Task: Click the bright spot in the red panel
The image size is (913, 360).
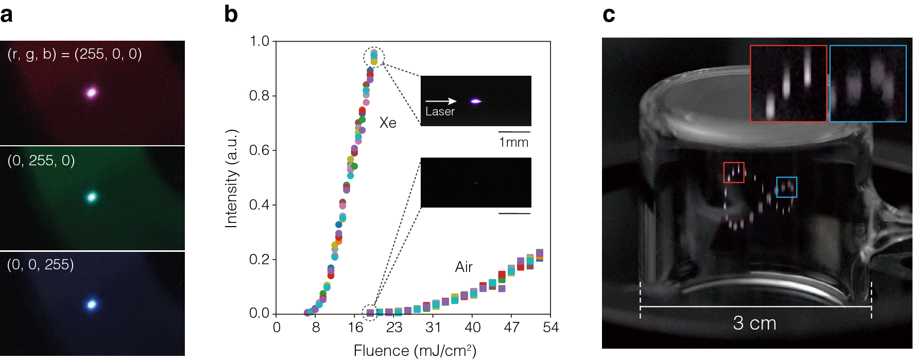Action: coord(92,93)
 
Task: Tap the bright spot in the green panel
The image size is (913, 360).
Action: coord(92,197)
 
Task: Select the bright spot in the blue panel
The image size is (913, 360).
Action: coord(92,304)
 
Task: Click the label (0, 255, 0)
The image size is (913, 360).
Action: coord(41,161)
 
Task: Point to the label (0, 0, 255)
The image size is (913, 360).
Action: coord(41,265)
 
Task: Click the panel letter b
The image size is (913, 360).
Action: coord(231,14)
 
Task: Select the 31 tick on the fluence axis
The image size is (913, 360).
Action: coord(433,328)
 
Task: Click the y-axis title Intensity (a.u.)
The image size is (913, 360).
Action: coord(232,178)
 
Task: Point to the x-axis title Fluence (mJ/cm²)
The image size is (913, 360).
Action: coord(415,351)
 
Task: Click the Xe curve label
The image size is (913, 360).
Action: coord(388,123)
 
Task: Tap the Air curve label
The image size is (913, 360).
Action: coord(463,267)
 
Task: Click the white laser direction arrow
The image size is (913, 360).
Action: coord(441,101)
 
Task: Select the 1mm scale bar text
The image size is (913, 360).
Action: coord(513,142)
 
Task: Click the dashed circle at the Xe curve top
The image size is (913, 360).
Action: coord(374,57)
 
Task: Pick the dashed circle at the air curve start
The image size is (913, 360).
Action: coord(370,312)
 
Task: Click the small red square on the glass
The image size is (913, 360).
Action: coord(734,173)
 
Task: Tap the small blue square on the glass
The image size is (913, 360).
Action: coord(786,187)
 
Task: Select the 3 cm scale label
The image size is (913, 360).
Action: coord(754,323)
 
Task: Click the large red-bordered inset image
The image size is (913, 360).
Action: coord(788,83)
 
